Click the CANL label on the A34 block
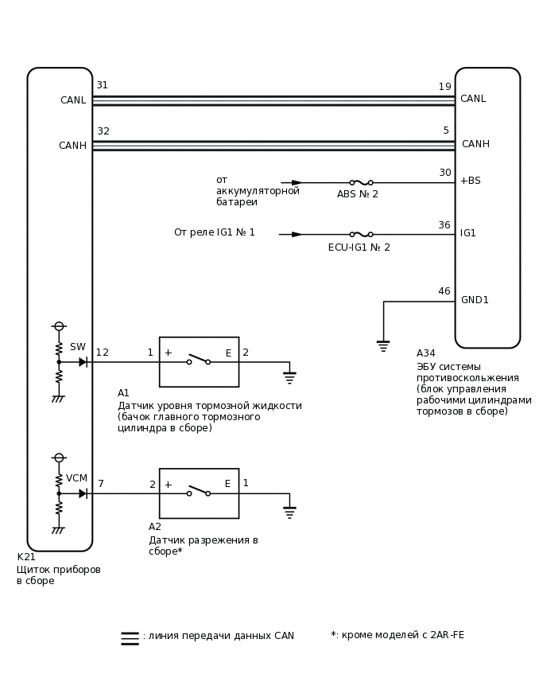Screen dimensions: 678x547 pos(472,99)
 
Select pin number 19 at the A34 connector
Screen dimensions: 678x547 pos(444,87)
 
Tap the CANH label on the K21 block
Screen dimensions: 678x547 pos(72,146)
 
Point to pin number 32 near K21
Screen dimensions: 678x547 pos(103,131)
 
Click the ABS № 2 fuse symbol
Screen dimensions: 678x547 pos(361,182)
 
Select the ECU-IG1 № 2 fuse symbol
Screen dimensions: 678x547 pos(361,234)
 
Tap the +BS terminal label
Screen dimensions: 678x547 pos(470,181)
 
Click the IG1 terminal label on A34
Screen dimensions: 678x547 pos(467,233)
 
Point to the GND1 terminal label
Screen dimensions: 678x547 pos(475,300)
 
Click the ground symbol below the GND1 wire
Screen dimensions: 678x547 pos(383,345)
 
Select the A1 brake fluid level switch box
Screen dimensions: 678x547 pos(199,362)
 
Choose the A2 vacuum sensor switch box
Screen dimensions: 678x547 pos(199,493)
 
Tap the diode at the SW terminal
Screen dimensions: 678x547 pos(83,362)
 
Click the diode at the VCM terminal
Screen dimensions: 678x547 pos(83,493)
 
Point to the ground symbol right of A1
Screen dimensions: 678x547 pos(289,376)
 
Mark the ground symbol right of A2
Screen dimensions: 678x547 pos(289,512)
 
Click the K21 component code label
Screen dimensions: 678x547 pos(26,557)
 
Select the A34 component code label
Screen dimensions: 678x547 pos(425,353)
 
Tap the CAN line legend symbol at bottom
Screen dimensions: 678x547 pos(130,637)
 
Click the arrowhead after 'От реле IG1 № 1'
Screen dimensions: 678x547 pos(297,234)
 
